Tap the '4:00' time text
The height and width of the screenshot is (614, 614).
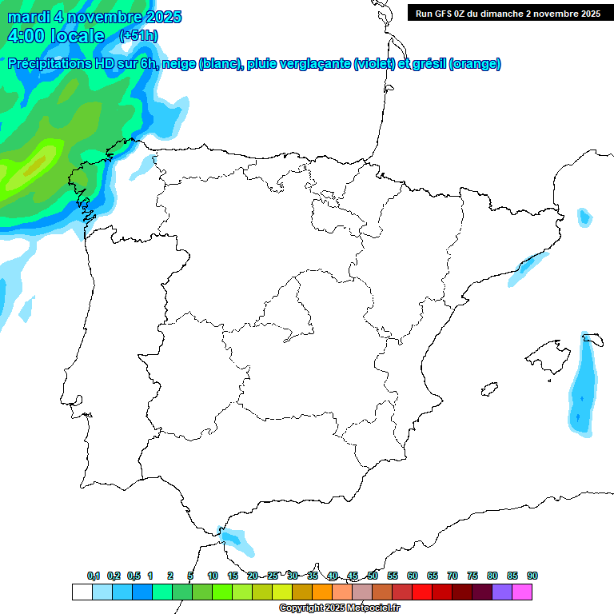pos(24,36)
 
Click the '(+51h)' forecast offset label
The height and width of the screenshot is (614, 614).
pos(138,36)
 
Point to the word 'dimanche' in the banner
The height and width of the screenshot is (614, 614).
pos(520,14)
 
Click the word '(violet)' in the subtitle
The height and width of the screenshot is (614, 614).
pos(374,64)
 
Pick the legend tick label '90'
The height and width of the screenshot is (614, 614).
pos(532,576)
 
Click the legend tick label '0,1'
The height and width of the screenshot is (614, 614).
pos(94,576)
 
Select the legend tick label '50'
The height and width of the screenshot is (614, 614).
pos(373,576)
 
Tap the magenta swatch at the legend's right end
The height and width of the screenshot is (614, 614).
pos(522,592)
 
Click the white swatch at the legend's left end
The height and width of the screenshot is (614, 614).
pos(82,592)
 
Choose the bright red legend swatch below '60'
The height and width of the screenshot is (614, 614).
pos(421,592)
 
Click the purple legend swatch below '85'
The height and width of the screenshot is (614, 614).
pos(502,592)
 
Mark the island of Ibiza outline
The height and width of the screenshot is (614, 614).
pos(488,389)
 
